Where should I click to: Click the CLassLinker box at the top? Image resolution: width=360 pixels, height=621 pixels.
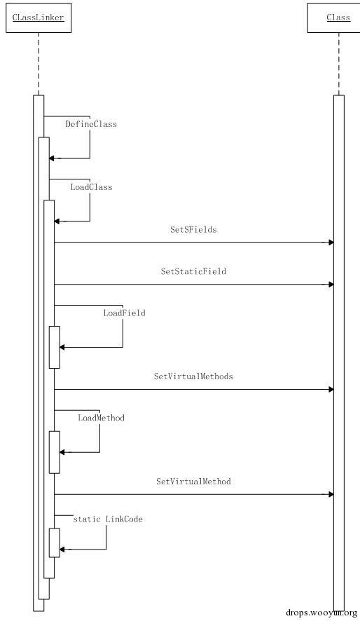(39, 18)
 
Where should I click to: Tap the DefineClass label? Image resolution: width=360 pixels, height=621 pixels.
(91, 124)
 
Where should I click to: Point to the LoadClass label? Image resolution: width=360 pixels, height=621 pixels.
(91, 187)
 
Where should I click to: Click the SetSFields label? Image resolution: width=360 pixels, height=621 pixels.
(193, 229)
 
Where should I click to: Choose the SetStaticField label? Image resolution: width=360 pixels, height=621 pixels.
(193, 271)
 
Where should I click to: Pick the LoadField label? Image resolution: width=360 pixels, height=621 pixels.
(124, 313)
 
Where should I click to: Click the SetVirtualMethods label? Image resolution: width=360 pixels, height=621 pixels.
(193, 376)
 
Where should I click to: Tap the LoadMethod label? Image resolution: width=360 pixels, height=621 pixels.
(101, 418)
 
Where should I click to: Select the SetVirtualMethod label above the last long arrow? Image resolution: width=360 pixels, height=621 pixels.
(193, 482)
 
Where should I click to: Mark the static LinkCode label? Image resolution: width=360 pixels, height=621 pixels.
(108, 519)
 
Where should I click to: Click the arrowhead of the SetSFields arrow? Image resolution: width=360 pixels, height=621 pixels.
(331, 243)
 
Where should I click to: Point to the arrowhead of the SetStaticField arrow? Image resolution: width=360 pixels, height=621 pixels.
(331, 285)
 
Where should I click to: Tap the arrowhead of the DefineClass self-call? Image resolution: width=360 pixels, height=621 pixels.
(51, 158)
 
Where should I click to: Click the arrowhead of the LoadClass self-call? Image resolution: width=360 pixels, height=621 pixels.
(57, 221)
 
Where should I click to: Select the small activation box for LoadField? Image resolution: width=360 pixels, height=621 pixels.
(54, 348)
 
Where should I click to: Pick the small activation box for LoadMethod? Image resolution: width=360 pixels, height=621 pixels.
(54, 452)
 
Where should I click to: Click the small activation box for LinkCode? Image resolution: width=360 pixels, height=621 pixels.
(54, 542)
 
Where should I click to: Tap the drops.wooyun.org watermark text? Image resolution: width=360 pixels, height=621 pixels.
(321, 613)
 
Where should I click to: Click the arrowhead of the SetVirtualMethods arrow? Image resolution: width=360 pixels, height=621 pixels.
(331, 389)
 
